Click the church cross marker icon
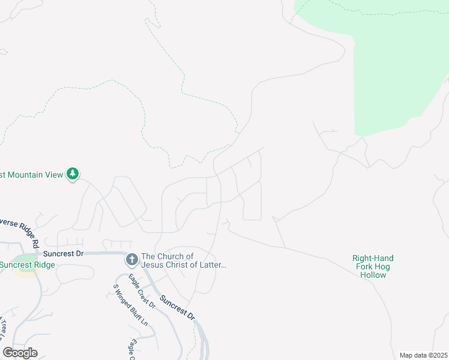[131, 260]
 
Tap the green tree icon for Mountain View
[73, 174]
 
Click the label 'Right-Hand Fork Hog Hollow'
[373, 266]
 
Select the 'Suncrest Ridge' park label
[27, 265]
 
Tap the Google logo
[20, 353]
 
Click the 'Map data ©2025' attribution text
[423, 355]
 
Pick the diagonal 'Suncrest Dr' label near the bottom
[177, 306]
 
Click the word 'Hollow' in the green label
[373, 275]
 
